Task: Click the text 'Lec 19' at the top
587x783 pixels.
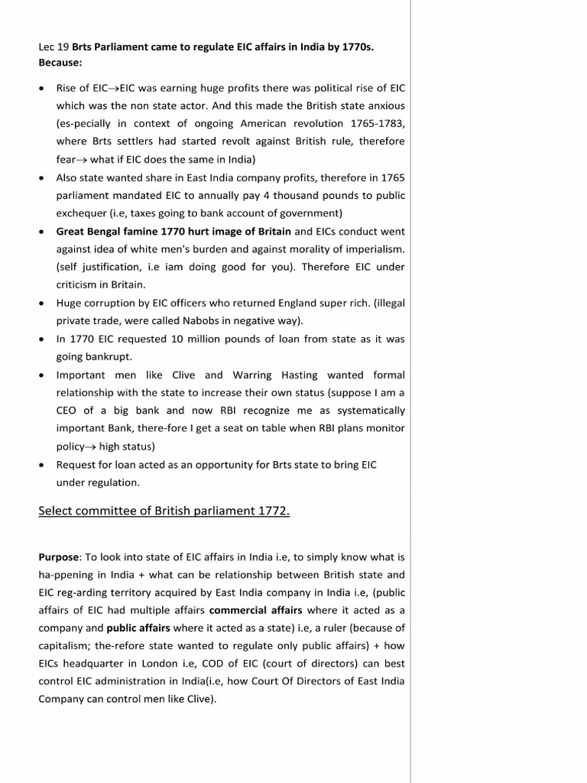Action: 54,47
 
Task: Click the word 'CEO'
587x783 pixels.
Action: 69,411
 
